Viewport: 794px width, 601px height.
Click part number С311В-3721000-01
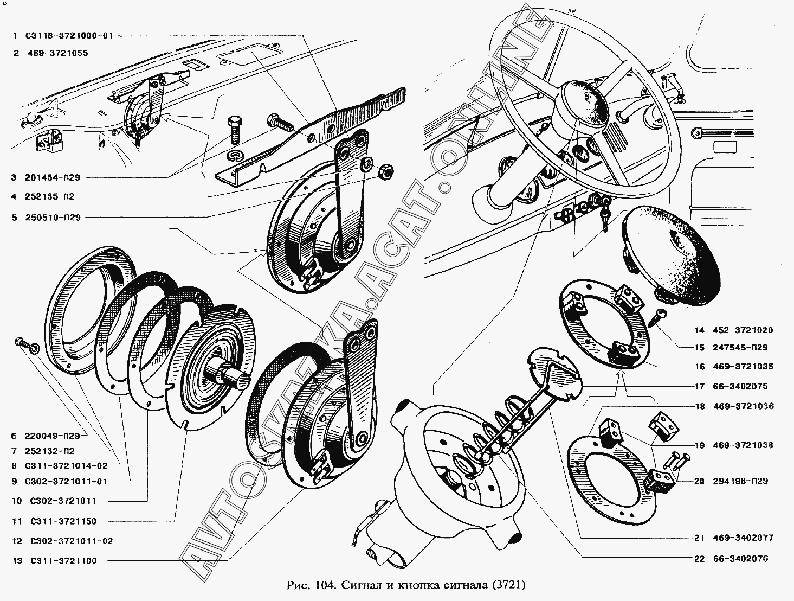pos(69,35)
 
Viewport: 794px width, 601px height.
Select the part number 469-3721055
pos(58,53)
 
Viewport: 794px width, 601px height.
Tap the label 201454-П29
pos(53,177)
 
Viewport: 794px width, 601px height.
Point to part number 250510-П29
pos(53,218)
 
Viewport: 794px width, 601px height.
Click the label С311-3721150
pos(63,521)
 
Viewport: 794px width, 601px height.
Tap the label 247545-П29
pos(740,348)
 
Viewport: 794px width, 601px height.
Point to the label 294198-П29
pos(740,481)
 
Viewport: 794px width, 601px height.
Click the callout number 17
pos(700,386)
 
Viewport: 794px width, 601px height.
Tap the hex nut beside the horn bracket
pos(386,171)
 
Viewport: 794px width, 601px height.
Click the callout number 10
pos(17,501)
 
